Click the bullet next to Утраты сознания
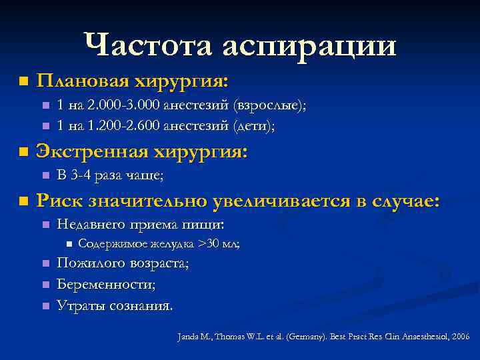45,306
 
